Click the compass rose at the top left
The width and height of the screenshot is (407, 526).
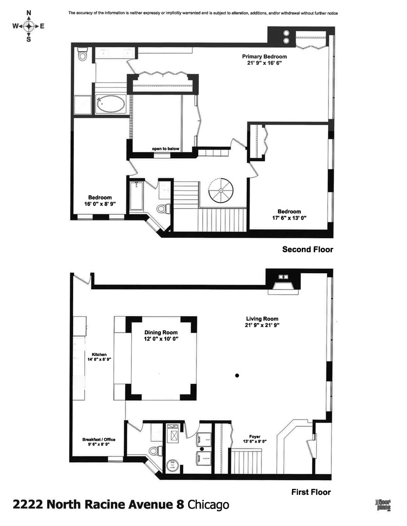[29, 26]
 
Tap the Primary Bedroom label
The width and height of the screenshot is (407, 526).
[264, 56]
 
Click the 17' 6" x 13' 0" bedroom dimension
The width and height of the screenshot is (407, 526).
[289, 218]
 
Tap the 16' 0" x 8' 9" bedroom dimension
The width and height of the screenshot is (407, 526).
[100, 204]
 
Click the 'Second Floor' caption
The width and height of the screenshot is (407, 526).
[308, 249]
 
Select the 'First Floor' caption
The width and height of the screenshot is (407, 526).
[311, 492]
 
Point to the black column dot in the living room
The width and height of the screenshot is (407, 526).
[237, 376]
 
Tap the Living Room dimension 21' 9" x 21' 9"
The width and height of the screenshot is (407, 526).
[262, 325]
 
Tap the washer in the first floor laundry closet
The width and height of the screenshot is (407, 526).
[203, 459]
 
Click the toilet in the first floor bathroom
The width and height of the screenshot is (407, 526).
[155, 451]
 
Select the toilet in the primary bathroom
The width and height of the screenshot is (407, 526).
[82, 56]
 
